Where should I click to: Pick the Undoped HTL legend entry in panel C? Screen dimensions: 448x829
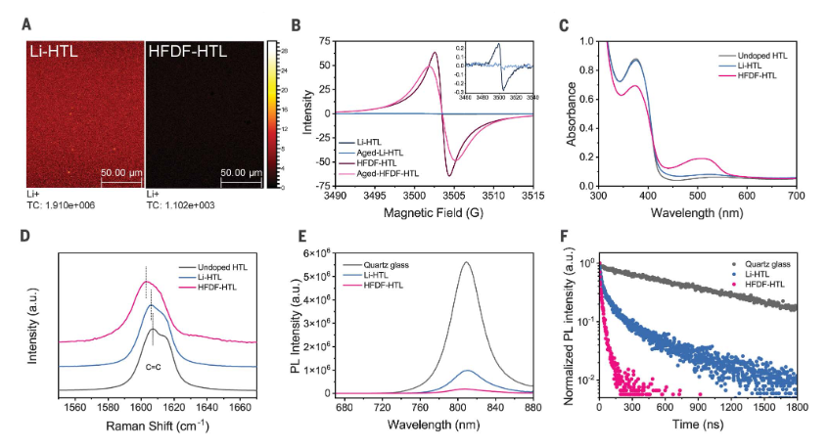(x=760, y=56)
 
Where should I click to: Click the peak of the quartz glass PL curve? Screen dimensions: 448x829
(x=466, y=262)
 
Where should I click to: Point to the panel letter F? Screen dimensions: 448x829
(x=561, y=237)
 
